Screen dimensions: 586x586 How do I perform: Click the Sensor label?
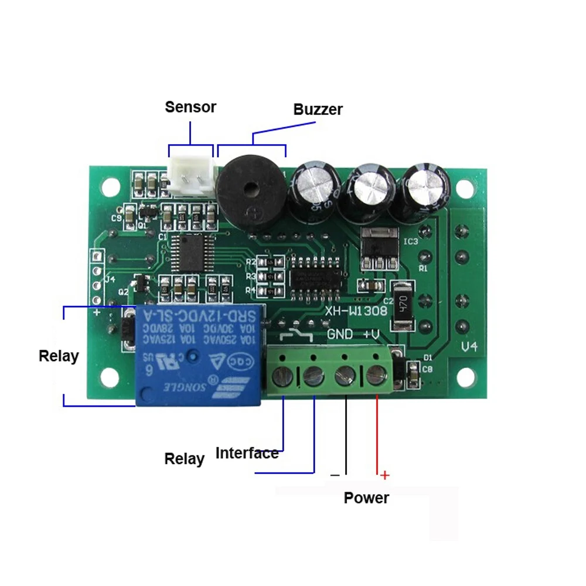190,107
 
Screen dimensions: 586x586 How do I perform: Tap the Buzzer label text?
318,110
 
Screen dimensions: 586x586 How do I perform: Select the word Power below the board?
366,498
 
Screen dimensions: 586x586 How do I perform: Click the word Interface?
247,453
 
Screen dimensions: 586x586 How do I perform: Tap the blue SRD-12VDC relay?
199,355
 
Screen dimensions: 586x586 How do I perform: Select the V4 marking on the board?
469,347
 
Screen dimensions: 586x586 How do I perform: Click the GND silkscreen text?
340,335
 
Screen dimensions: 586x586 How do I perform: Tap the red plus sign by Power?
384,475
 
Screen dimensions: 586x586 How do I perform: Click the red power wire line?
376,434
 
